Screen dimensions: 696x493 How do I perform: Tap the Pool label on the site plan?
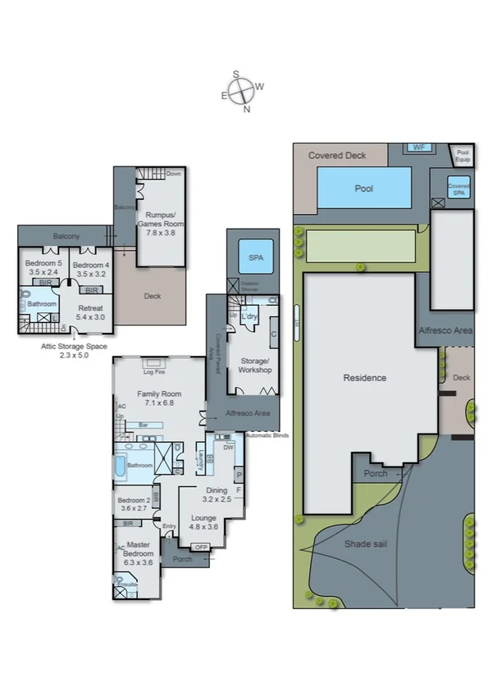click(x=363, y=189)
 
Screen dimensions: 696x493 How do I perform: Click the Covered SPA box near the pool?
click(x=459, y=189)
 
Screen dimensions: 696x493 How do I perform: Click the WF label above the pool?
click(x=419, y=148)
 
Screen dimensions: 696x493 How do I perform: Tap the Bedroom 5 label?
click(x=42, y=269)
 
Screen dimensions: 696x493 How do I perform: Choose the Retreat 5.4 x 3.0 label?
click(x=91, y=312)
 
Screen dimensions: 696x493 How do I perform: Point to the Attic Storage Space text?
click(x=74, y=351)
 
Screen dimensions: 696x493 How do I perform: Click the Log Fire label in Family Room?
click(x=152, y=371)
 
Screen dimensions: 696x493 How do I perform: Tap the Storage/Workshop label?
click(x=255, y=366)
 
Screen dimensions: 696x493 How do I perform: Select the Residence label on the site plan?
click(x=365, y=378)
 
